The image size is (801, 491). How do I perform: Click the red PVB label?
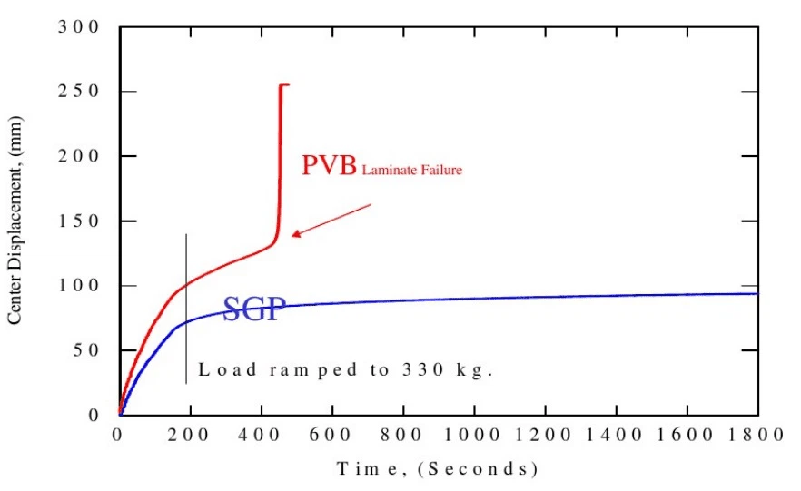pyautogui.click(x=329, y=165)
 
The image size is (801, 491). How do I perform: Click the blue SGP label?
pyautogui.click(x=254, y=309)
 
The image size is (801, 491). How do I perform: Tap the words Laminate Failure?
pyautogui.click(x=411, y=170)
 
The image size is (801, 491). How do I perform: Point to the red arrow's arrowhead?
pyautogui.click(x=296, y=234)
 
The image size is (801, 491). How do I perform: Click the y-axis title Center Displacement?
pyautogui.click(x=15, y=221)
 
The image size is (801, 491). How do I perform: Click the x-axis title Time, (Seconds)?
pyautogui.click(x=438, y=468)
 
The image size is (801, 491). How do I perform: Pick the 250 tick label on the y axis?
pyautogui.click(x=78, y=91)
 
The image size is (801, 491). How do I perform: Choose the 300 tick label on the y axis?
pyautogui.click(x=78, y=26)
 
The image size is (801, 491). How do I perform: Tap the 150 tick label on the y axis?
pyautogui.click(x=78, y=221)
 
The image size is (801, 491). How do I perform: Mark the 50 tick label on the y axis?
pyautogui.click(x=85, y=350)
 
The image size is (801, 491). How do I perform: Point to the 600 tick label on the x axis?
pyautogui.click(x=331, y=435)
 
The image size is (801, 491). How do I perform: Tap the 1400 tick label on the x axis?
pyautogui.click(x=614, y=435)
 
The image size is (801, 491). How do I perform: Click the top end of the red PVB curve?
pyautogui.click(x=288, y=84)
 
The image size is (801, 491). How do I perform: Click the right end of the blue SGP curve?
pyautogui.click(x=757, y=293)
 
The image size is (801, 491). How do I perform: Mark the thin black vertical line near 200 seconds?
pyautogui.click(x=186, y=309)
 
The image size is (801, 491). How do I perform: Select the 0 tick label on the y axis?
pyautogui.click(x=93, y=415)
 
